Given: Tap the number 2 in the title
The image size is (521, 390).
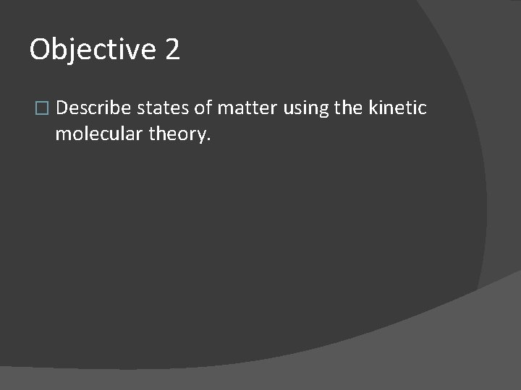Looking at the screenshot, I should pos(171,50).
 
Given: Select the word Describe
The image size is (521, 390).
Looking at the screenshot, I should pos(93,109).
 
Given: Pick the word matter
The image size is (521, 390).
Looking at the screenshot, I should pos(247,109).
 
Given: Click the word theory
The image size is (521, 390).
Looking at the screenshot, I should pos(181,135).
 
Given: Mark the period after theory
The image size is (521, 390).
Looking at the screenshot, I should pos(209,140).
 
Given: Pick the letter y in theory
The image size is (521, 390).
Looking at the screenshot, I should pos(202,137).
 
